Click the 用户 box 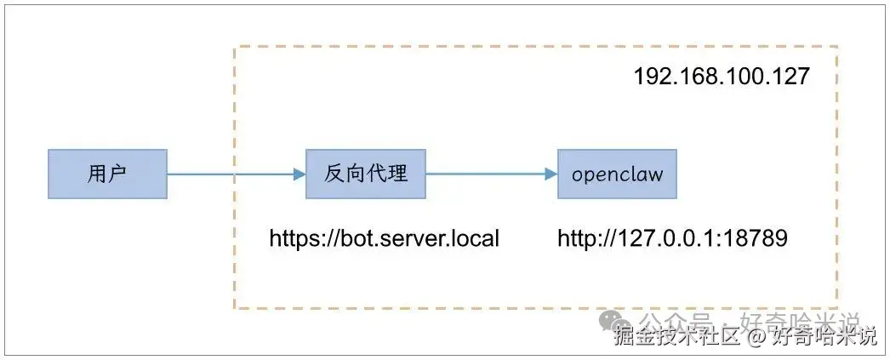point(107,174)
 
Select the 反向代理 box point(366,174)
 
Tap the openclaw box point(618,174)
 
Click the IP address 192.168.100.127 point(721,76)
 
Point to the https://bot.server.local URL point(384,238)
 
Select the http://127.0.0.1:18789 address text point(672,238)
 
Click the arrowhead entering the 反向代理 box point(300,174)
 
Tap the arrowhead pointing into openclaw point(551,174)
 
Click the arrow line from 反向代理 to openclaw point(485,174)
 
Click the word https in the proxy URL point(292,238)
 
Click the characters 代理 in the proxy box point(387,174)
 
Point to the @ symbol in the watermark point(756,337)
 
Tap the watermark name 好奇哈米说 point(824,337)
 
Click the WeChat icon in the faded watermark point(609,321)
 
